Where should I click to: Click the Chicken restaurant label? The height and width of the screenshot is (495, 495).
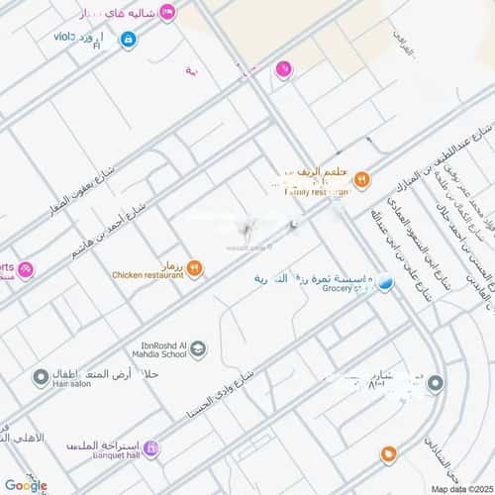[x=148, y=275]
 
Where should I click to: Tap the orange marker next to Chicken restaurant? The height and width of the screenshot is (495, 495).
[x=194, y=267]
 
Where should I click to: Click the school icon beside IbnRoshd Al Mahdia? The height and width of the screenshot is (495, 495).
[x=198, y=348]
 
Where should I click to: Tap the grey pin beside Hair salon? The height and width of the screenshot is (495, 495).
[x=41, y=378]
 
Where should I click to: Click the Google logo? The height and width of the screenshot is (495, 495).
[x=25, y=484]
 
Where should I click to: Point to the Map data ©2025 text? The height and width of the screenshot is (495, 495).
[x=459, y=488]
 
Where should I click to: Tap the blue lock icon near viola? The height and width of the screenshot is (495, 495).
[x=128, y=39]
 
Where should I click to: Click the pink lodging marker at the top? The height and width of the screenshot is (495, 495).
[x=167, y=11]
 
